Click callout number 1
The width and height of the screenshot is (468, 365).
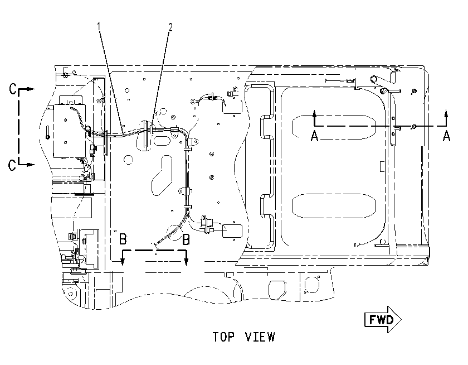(99, 26)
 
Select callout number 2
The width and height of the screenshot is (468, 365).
(170, 27)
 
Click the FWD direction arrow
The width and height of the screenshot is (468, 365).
(383, 319)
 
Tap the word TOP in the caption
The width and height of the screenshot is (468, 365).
(223, 337)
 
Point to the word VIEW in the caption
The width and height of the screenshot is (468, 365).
(260, 337)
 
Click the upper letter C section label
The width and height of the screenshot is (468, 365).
(12, 89)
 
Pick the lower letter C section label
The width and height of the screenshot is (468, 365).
(12, 165)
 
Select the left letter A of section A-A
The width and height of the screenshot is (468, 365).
(315, 136)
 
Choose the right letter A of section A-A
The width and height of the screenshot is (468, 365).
(446, 136)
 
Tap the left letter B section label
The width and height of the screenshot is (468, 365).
(123, 239)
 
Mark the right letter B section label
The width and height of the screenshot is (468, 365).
(186, 239)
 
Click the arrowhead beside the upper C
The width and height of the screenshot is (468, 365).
(31, 89)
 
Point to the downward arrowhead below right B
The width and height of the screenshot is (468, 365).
(186, 261)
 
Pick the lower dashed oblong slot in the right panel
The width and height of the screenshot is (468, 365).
(333, 206)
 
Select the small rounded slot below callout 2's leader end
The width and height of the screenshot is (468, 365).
(161, 140)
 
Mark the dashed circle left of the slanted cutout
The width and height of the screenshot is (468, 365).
(128, 160)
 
